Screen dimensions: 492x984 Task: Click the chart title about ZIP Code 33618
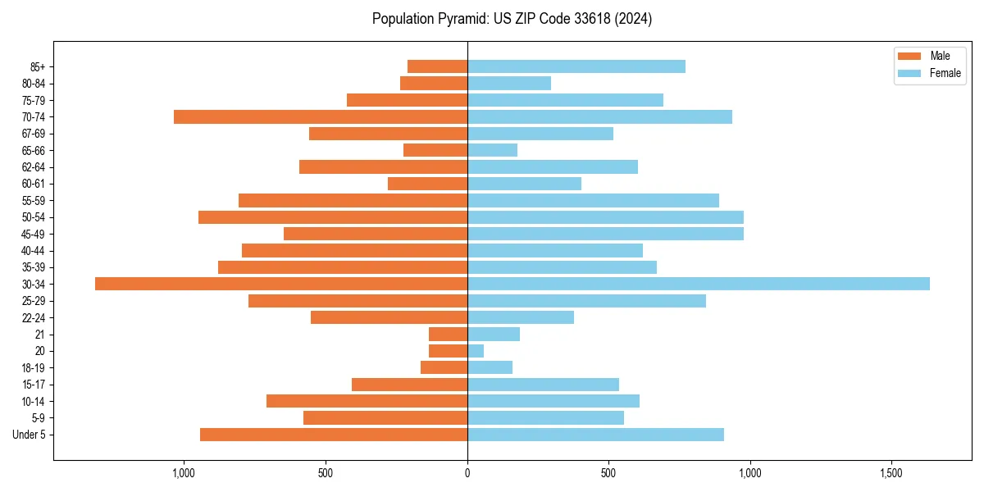pos(512,19)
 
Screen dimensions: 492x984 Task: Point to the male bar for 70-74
pos(321,117)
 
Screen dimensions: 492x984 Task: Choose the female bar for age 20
pos(476,351)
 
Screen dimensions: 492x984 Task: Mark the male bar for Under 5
pos(334,435)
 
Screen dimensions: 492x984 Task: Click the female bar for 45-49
pos(605,234)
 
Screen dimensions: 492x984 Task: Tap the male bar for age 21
pos(448,335)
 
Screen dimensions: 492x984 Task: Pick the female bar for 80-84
pos(509,84)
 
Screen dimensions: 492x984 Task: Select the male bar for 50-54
pos(333,217)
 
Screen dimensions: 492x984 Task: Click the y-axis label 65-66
pos(34,151)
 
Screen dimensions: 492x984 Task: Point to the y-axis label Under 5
pos(29,435)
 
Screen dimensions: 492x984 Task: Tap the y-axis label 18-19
pos(34,368)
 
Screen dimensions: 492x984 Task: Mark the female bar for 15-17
pos(543,385)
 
